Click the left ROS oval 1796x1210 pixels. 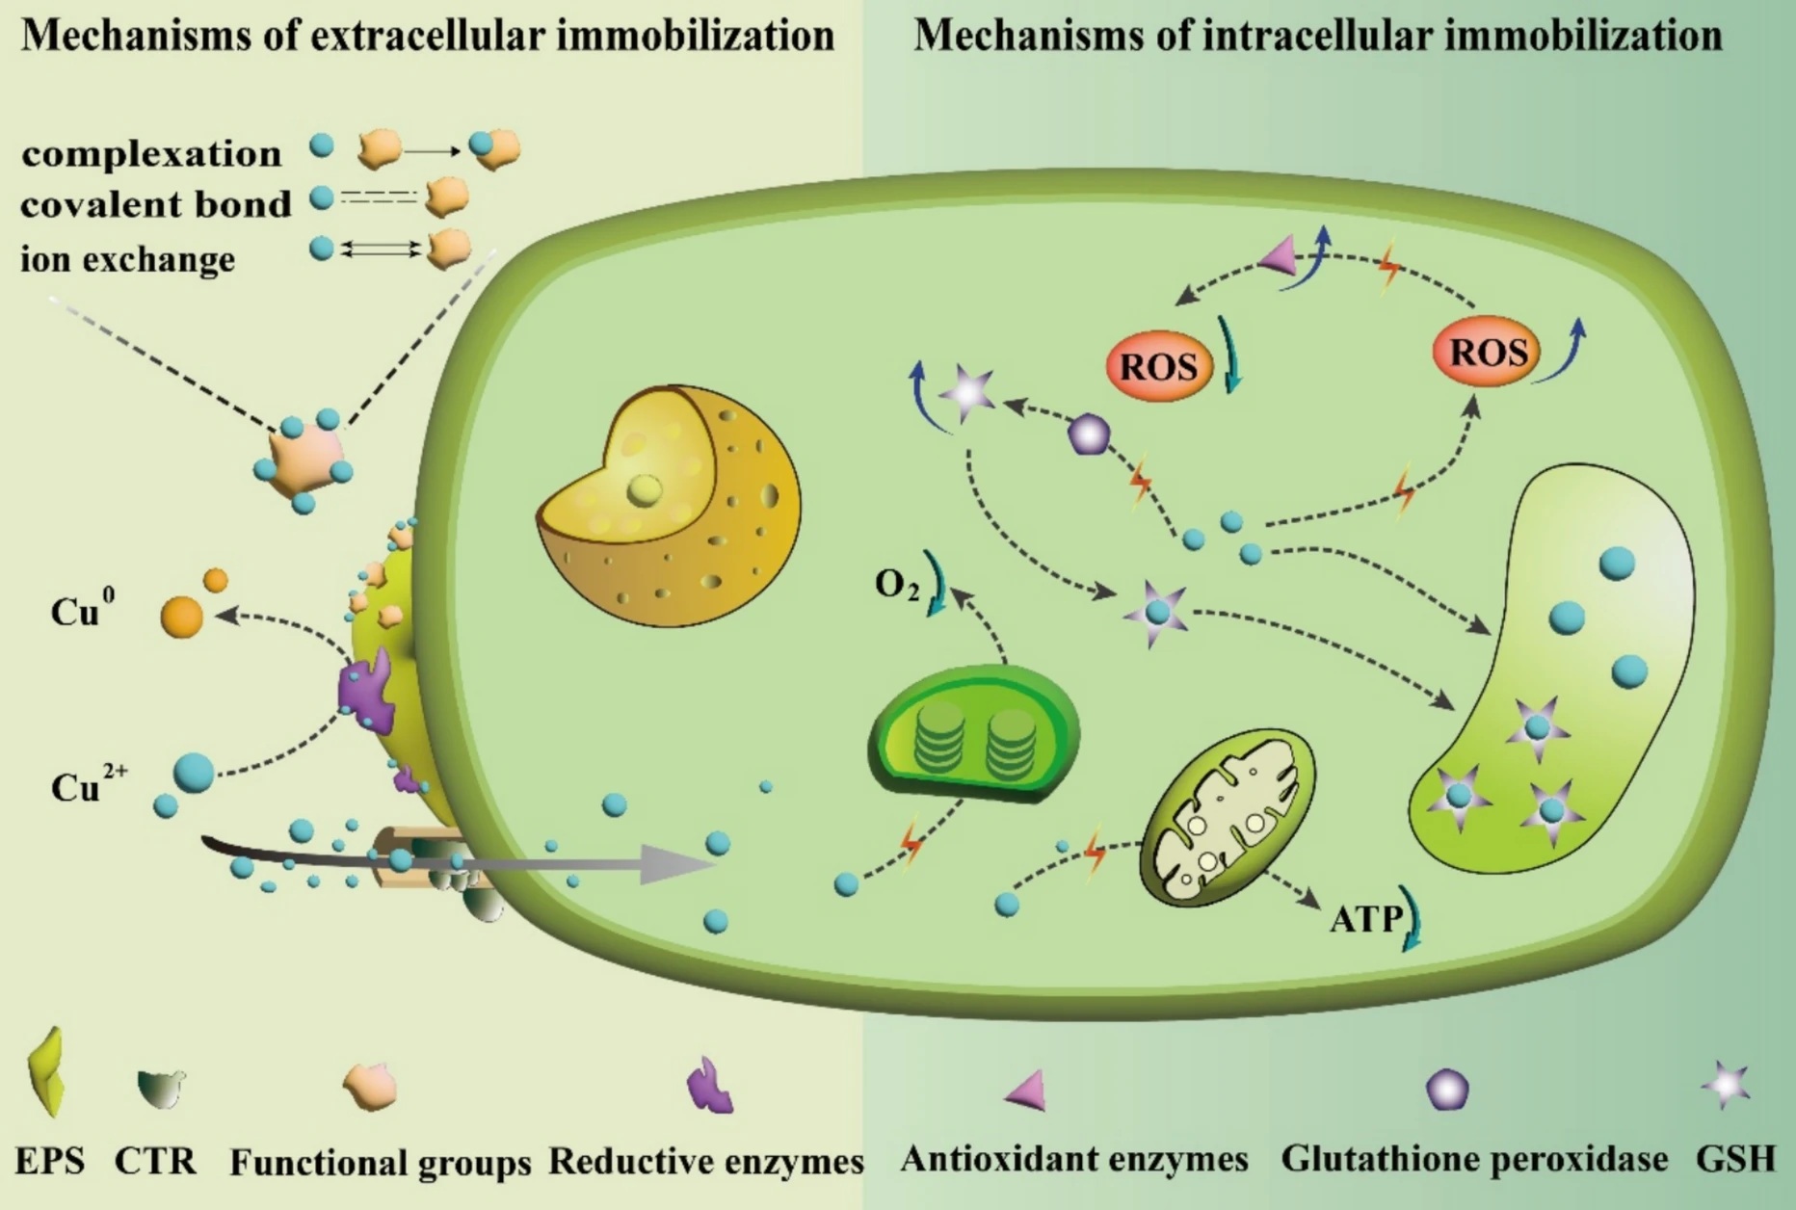pos(1158,366)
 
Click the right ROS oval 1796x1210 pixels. pos(1488,353)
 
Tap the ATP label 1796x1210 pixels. pos(1365,919)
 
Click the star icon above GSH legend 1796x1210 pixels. pos(1726,1086)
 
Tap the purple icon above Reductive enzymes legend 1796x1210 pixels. pos(710,1087)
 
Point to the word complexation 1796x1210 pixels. pos(151,154)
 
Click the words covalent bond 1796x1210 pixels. pos(155,204)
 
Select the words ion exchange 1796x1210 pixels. pos(127,258)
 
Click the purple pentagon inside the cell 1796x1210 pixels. pos(1090,434)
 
